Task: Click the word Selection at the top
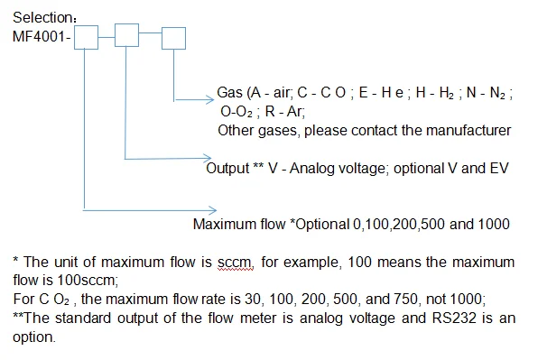point(37,17)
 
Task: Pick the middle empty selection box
point(127,37)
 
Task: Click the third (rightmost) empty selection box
point(172,37)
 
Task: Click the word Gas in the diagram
point(230,95)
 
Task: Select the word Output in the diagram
point(227,168)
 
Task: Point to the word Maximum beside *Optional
point(223,224)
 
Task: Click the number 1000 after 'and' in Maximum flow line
point(495,224)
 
